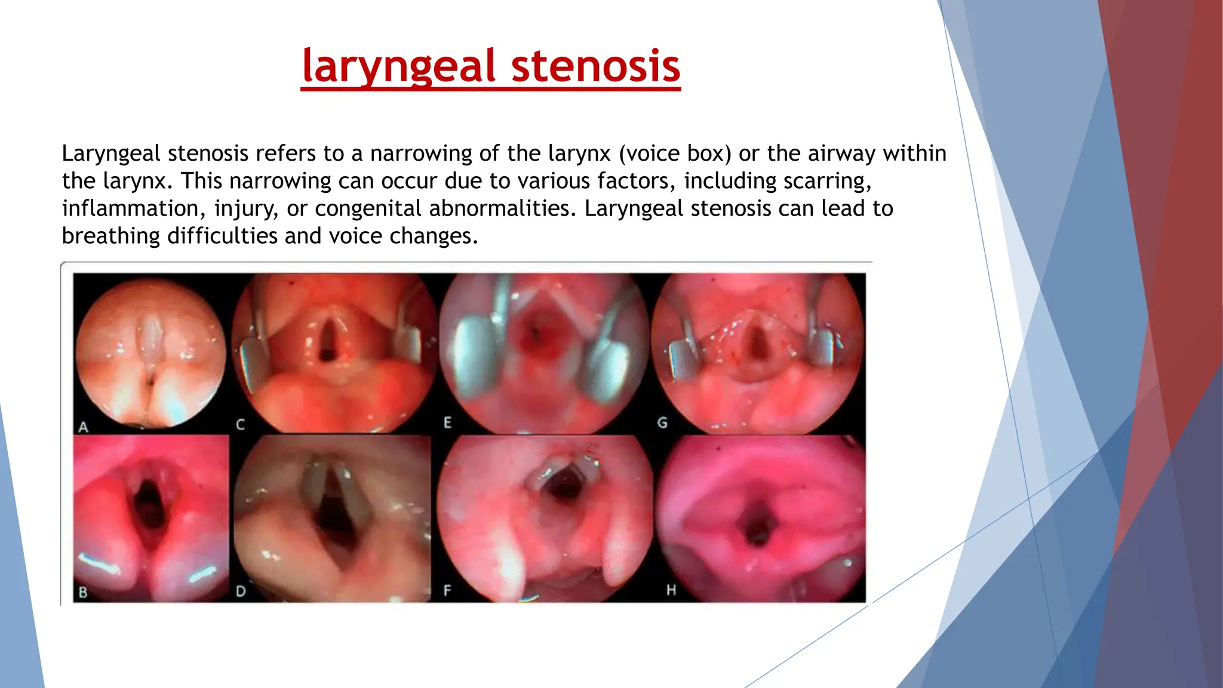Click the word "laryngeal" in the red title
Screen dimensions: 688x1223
[399, 67]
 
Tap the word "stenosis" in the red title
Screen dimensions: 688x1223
[595, 67]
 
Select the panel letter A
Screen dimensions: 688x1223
[84, 427]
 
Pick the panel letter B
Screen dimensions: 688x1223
[83, 592]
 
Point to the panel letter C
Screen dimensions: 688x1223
[241, 425]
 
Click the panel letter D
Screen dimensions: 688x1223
[241, 592]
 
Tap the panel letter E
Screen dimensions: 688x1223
[447, 423]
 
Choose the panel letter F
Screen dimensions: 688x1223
[447, 591]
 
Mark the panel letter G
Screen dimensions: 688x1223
[662, 423]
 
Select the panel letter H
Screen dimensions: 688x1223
[671, 590]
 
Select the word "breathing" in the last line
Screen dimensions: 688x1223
[111, 236]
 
